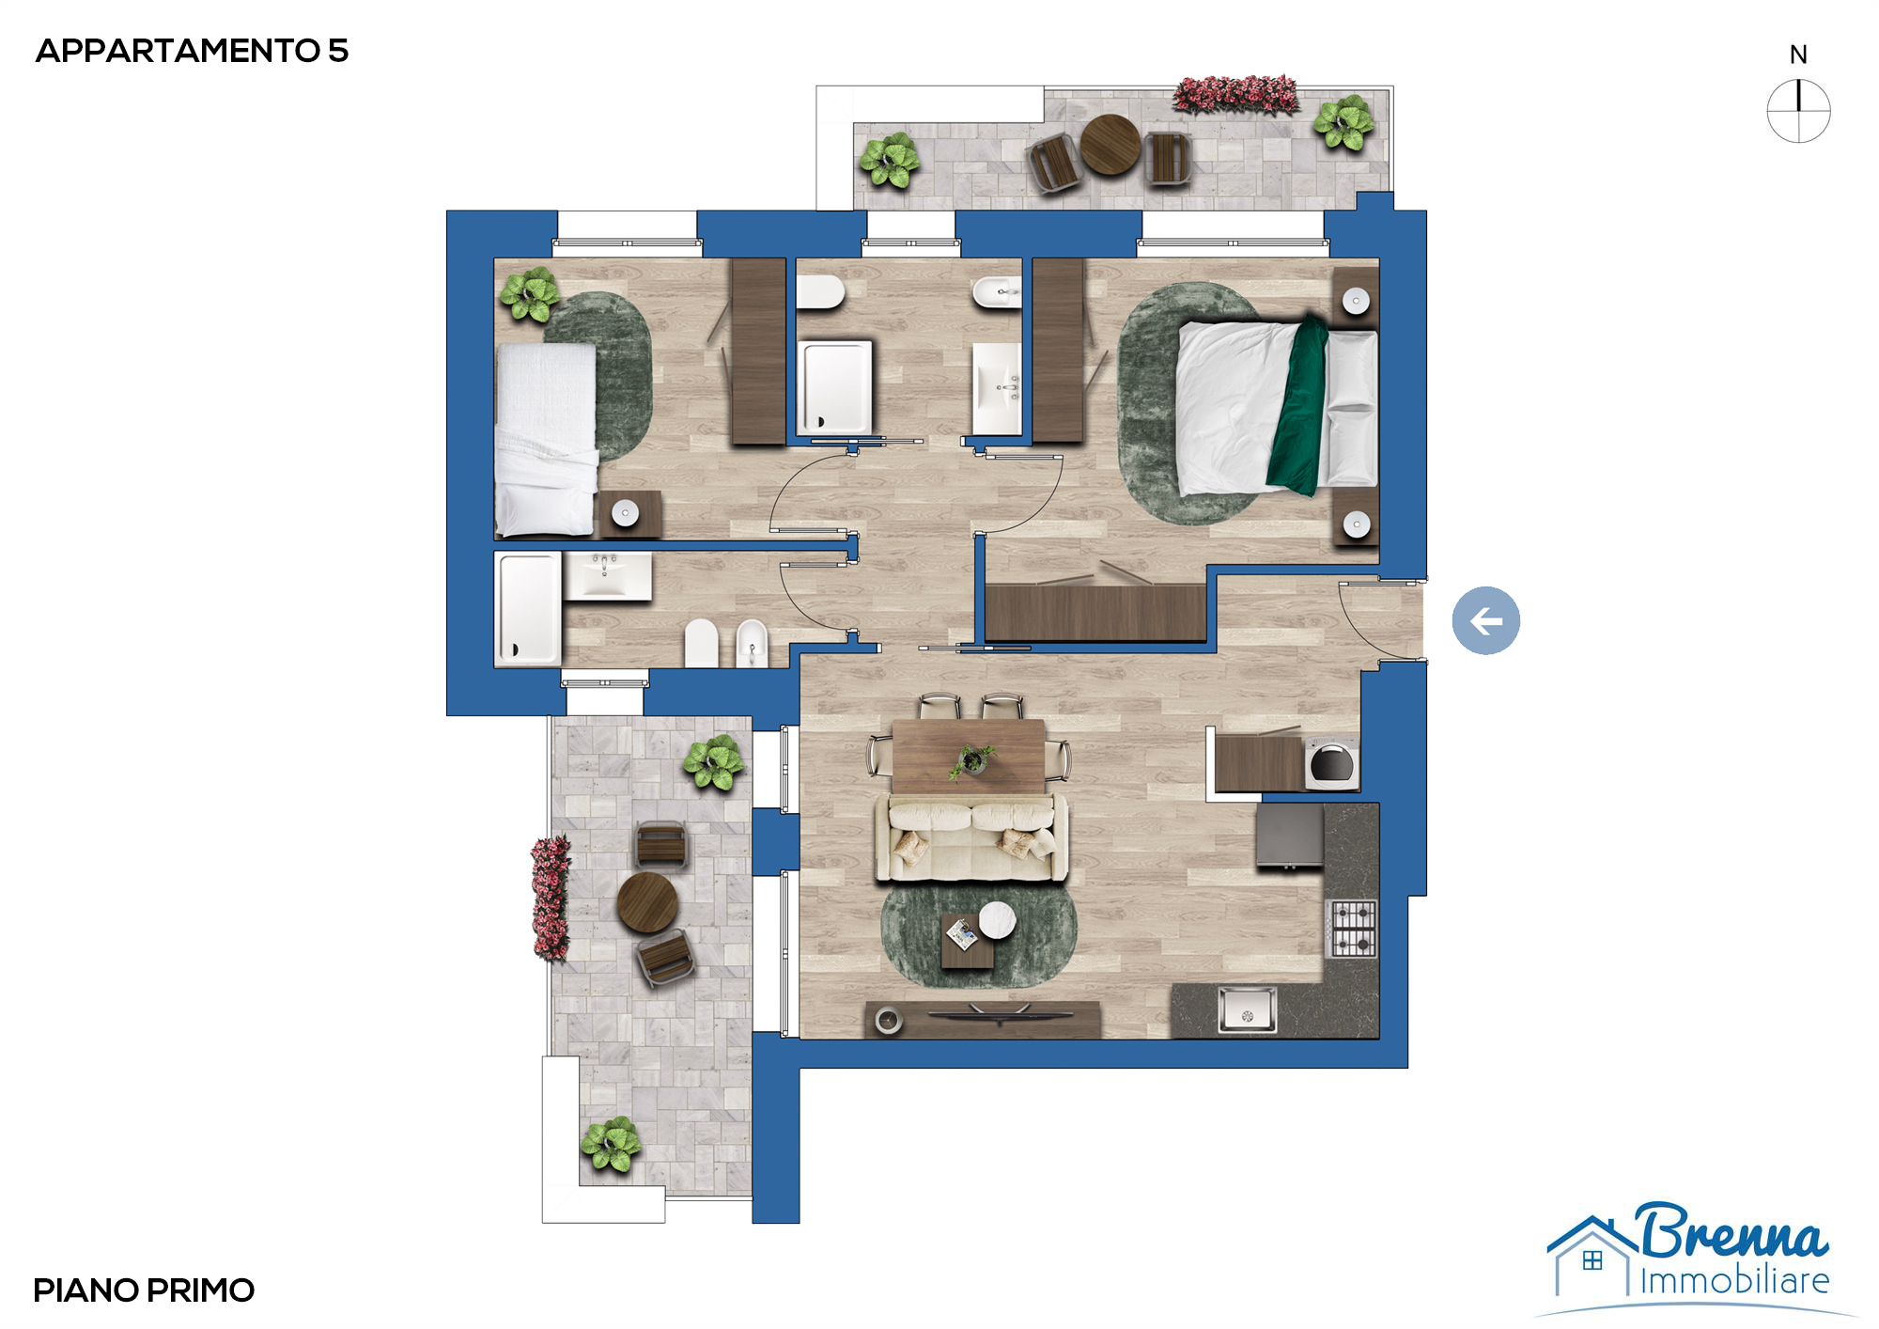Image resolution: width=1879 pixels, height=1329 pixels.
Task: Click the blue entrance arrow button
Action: tap(1485, 620)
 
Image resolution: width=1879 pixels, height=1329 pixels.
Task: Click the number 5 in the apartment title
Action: tap(338, 51)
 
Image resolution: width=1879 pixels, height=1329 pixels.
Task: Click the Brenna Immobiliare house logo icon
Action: tap(1591, 1256)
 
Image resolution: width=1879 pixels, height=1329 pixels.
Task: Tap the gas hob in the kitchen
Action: tap(1351, 929)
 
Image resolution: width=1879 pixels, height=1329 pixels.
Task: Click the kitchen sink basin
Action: tap(1247, 1009)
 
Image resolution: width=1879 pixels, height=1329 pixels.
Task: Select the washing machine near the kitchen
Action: tap(1331, 764)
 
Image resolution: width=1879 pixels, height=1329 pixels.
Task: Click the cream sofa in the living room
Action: tap(971, 837)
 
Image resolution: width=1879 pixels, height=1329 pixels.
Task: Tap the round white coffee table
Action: tap(997, 920)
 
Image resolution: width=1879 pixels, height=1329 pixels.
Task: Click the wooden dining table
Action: tap(969, 757)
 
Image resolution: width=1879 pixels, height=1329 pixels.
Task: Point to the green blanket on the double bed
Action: tap(1297, 407)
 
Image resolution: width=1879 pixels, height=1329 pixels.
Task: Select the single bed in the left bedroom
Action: tap(546, 440)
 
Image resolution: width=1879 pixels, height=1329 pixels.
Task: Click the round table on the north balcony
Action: tap(1110, 145)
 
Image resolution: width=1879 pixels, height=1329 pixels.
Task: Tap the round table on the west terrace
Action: tap(647, 902)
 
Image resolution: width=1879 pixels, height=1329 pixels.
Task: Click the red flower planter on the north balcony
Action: tap(1236, 95)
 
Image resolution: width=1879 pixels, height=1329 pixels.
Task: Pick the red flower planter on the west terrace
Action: tap(551, 899)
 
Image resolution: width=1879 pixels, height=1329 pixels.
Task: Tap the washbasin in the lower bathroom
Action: tap(607, 575)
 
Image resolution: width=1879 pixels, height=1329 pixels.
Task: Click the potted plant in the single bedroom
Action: tap(529, 294)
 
